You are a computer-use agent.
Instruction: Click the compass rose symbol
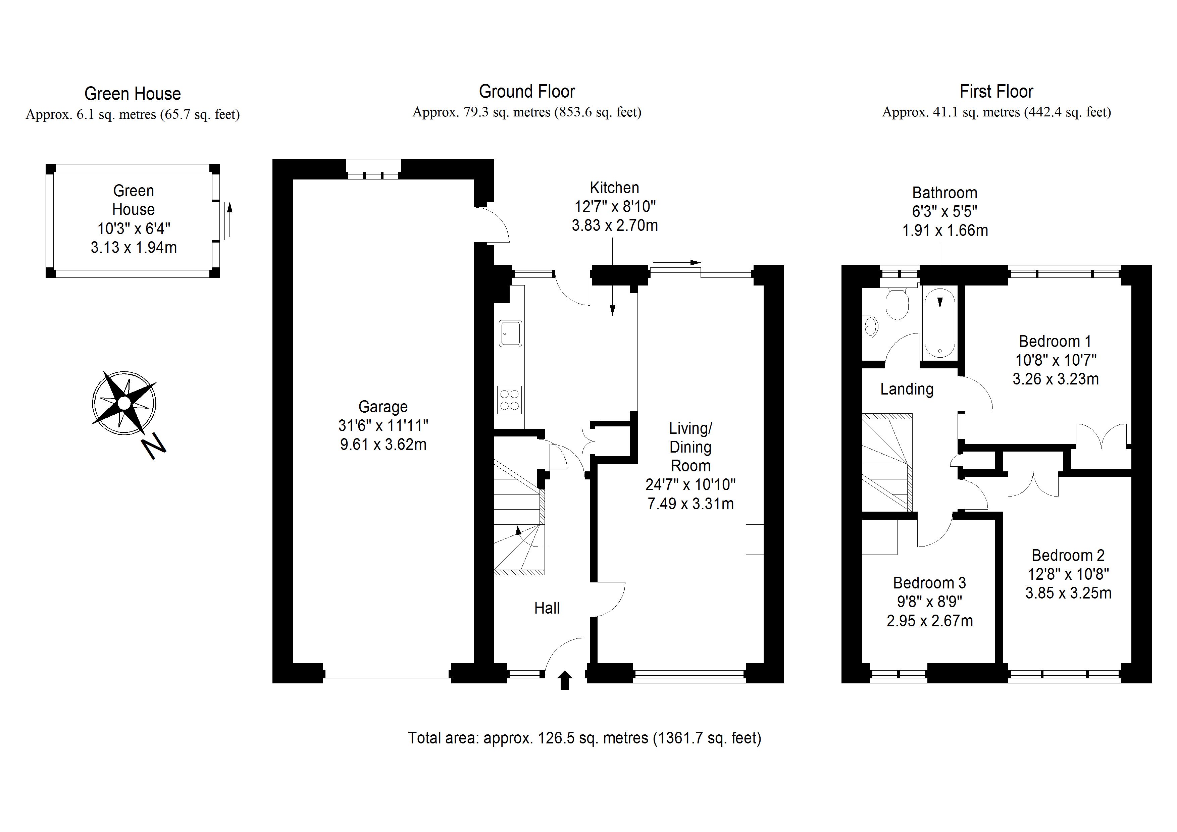124,403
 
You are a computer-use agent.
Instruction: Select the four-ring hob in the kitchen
510,400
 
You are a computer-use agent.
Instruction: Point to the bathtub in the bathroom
940,324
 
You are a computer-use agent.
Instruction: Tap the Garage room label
383,407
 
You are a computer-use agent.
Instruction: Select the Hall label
547,608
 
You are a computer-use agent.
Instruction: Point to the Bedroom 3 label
929,583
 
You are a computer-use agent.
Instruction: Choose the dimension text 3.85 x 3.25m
1068,593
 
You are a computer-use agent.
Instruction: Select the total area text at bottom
584,738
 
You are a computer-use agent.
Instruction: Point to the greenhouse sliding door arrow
229,219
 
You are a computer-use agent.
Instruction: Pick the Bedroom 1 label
1055,342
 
